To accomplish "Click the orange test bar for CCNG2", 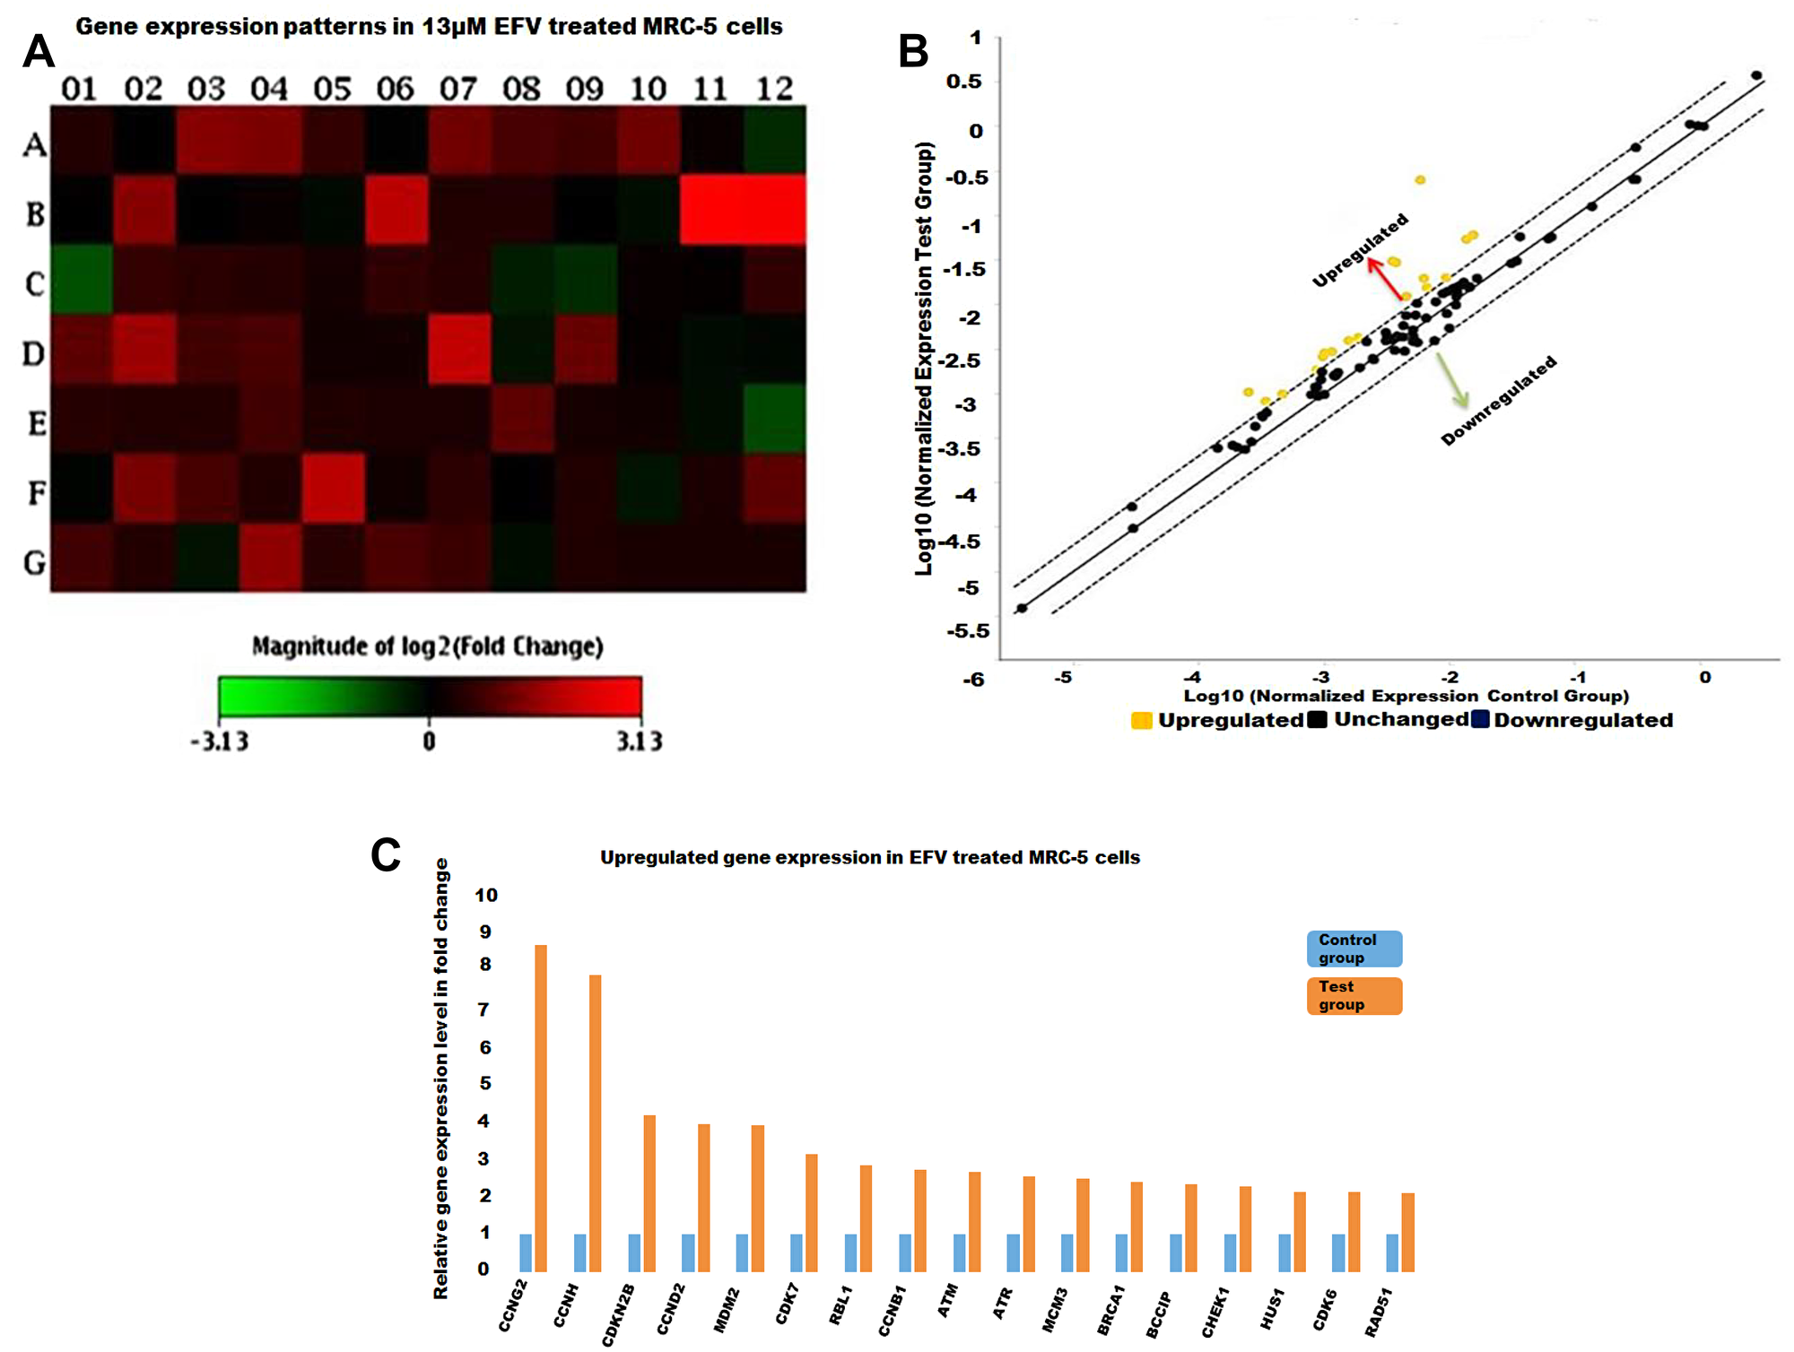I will pyautogui.click(x=541, y=1108).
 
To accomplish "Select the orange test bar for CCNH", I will pyautogui.click(x=595, y=1122).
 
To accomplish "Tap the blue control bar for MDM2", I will pyautogui.click(x=742, y=1252).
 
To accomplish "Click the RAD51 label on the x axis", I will pyautogui.click(x=1378, y=1312).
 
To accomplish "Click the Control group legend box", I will pyautogui.click(x=1354, y=949).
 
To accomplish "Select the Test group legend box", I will pyautogui.click(x=1354, y=996).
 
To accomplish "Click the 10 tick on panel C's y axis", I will pyautogui.click(x=485, y=895).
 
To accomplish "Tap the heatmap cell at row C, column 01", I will pyautogui.click(x=82, y=280).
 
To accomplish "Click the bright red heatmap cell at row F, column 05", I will pyautogui.click(x=333, y=489).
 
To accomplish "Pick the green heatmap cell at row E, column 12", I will pyautogui.click(x=774, y=419).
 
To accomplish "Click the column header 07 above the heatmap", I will pyautogui.click(x=457, y=89).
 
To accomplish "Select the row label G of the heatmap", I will pyautogui.click(x=34, y=563).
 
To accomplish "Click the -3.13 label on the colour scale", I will pyautogui.click(x=219, y=741).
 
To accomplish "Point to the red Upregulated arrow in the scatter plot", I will pyautogui.click(x=1385, y=279).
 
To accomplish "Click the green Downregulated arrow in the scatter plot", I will pyautogui.click(x=1451, y=380).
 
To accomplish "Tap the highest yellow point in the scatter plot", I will pyautogui.click(x=1420, y=180).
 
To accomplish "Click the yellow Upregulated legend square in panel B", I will pyautogui.click(x=1142, y=721).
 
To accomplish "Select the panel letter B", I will pyautogui.click(x=913, y=51).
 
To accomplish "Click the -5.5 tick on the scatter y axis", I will pyautogui.click(x=968, y=631).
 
